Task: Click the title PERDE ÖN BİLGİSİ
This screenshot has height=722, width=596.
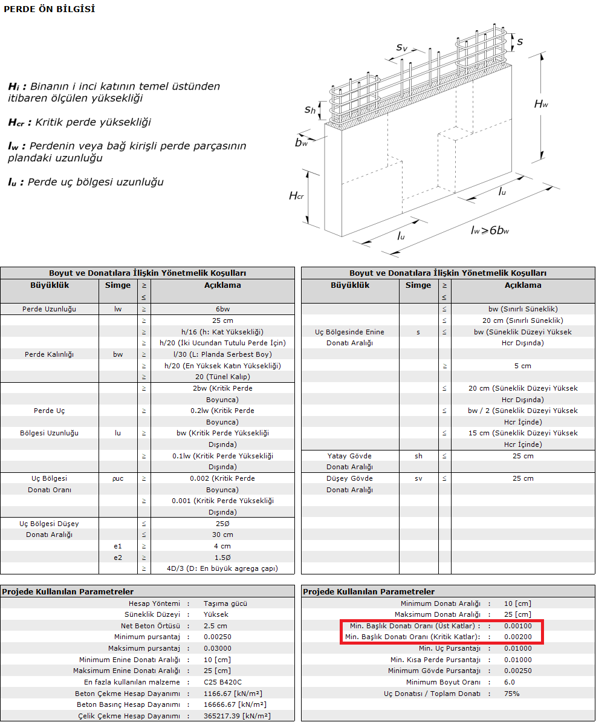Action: pyautogui.click(x=49, y=9)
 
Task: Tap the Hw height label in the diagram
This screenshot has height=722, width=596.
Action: pyautogui.click(x=541, y=104)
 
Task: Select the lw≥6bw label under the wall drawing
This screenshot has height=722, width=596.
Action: pyautogui.click(x=489, y=230)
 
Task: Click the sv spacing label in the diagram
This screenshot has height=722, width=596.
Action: pyautogui.click(x=402, y=47)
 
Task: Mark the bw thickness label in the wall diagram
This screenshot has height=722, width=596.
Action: pyautogui.click(x=301, y=143)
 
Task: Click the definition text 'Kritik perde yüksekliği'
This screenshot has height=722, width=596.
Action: pyautogui.click(x=93, y=122)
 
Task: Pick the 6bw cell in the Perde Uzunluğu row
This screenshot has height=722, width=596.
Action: pyautogui.click(x=222, y=309)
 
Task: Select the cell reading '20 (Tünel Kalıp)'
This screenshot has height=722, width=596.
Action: pyautogui.click(x=222, y=377)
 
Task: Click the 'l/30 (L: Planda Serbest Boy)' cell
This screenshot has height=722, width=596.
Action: pyautogui.click(x=222, y=354)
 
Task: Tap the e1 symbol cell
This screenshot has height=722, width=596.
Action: pyautogui.click(x=117, y=546)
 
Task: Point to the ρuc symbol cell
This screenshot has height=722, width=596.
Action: pyautogui.click(x=117, y=478)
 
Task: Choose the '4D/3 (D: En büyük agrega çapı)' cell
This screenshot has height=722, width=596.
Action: pyautogui.click(x=222, y=568)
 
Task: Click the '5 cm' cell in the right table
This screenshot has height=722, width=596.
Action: pyautogui.click(x=523, y=366)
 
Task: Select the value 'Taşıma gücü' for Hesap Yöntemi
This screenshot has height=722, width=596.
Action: pyautogui.click(x=225, y=603)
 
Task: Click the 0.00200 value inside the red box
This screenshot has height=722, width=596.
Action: pyautogui.click(x=518, y=637)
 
